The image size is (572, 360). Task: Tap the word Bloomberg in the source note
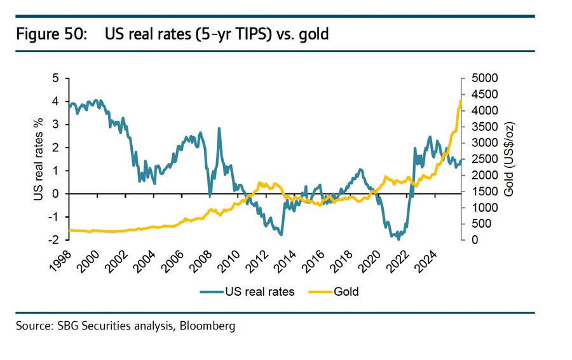(207, 326)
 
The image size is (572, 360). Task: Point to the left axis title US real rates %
(40, 159)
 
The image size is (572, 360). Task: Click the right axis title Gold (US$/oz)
(509, 159)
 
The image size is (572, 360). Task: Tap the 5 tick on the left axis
(55, 78)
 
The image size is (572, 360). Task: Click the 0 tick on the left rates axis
(55, 194)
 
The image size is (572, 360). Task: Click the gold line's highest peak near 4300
(460, 100)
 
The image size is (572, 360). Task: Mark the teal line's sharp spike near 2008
(219, 128)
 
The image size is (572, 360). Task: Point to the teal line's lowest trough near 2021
(398, 239)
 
